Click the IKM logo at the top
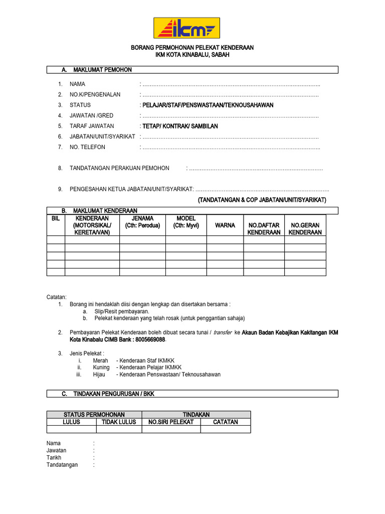pyautogui.click(x=186, y=28)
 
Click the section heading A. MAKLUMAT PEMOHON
pyautogui.click(x=103, y=70)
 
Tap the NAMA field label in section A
pyautogui.click(x=78, y=84)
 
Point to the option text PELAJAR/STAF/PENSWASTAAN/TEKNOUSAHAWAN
pyautogui.click(x=208, y=105)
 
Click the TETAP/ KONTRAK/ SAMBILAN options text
pyautogui.click(x=180, y=126)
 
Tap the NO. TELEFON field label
pyautogui.click(x=87, y=148)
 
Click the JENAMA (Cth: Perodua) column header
pyautogui.click(x=142, y=222)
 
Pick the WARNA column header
pyautogui.click(x=225, y=225)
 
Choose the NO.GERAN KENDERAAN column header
pyautogui.click(x=305, y=229)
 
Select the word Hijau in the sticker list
pyautogui.click(x=100, y=374)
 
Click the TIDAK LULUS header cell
pyautogui.click(x=119, y=422)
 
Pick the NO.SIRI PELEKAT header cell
pyautogui.click(x=171, y=422)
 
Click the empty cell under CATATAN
pyautogui.click(x=226, y=429)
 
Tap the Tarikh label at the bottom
pyautogui.click(x=54, y=458)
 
